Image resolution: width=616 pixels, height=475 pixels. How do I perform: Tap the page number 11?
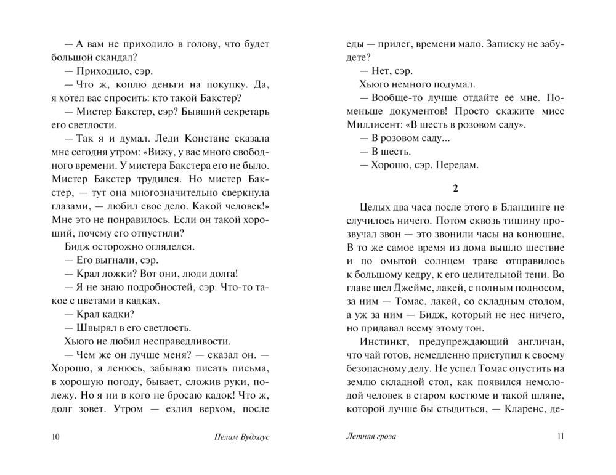(x=559, y=437)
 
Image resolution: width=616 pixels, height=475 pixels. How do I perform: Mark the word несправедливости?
(x=180, y=341)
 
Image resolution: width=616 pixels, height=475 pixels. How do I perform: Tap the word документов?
(x=409, y=112)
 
